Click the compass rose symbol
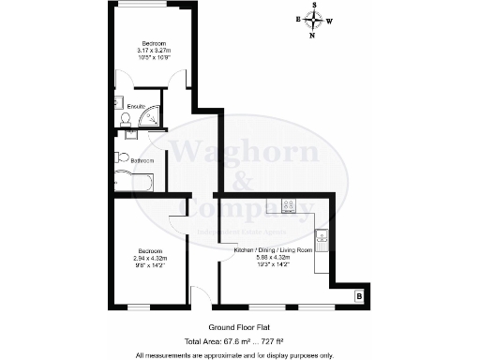coord(316,23)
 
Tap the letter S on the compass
coord(316,5)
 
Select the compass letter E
coord(299,20)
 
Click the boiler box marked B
coord(359,297)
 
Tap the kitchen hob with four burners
coord(289,206)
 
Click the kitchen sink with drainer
coord(322,242)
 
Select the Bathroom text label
coord(142,161)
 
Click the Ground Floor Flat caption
coord(234,327)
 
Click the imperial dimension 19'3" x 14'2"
coord(271,265)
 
